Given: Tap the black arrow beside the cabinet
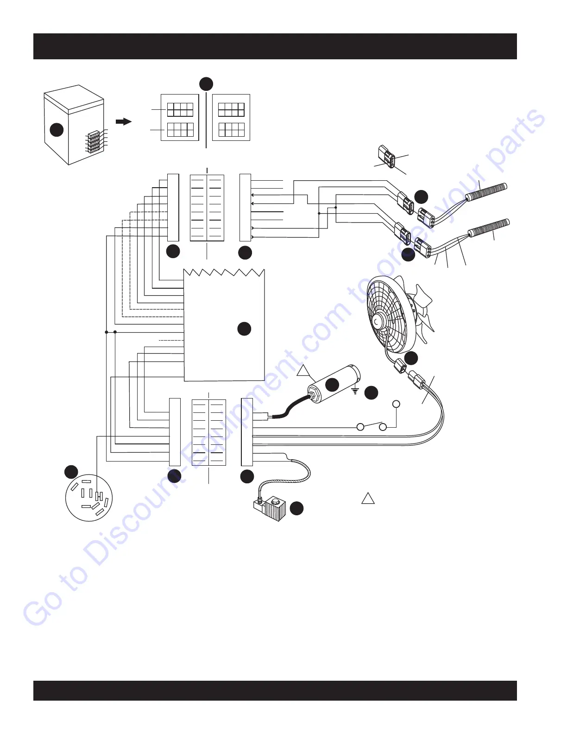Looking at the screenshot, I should [123, 121].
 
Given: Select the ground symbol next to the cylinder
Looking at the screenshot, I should [355, 391].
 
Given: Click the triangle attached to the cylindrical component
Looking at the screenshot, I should [303, 370].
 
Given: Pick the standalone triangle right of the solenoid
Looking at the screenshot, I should [368, 498].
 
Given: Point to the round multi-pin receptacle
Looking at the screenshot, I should [89, 498].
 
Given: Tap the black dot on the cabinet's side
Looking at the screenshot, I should [57, 130].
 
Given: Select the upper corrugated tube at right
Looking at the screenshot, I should [486, 191].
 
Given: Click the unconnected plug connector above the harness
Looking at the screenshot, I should [386, 157].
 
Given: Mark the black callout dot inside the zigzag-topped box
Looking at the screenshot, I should [244, 329].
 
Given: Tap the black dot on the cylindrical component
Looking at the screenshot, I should [332, 384].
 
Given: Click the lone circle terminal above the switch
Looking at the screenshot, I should [396, 404].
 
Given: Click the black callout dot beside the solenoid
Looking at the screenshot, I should [296, 508].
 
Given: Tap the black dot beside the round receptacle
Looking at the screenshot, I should [71, 472].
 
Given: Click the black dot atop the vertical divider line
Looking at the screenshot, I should [206, 84].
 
